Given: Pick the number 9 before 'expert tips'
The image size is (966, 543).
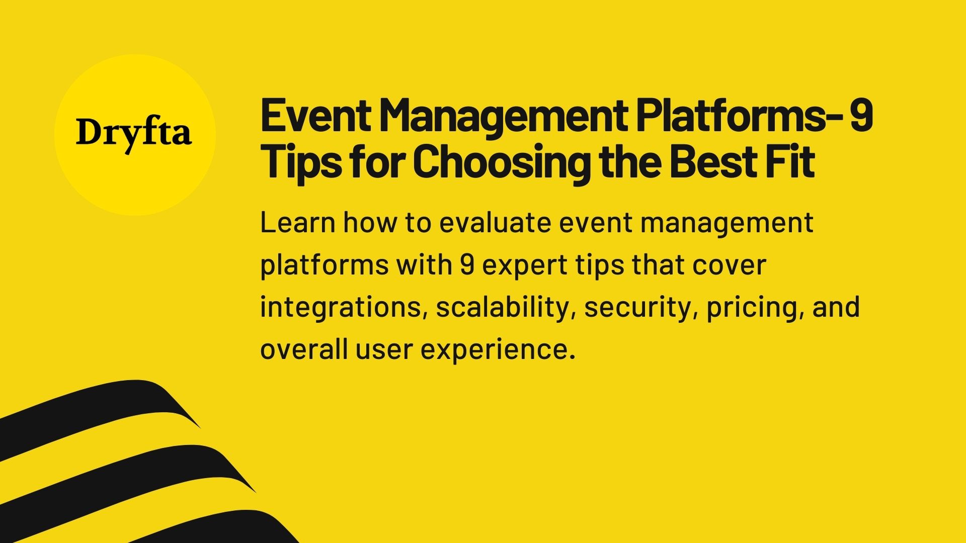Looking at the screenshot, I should (x=467, y=265).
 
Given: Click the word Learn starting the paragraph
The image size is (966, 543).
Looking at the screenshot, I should (x=297, y=222).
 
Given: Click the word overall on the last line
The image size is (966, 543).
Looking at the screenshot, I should (x=304, y=349).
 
